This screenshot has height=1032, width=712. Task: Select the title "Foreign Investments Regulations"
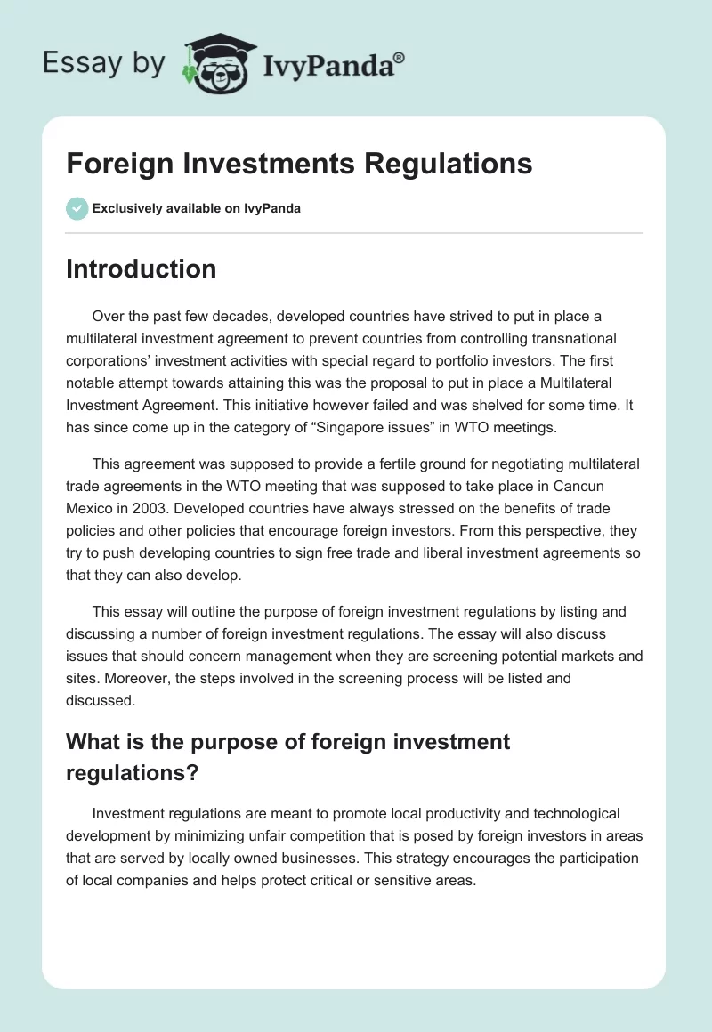point(299,164)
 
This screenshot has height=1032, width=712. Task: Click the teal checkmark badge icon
point(77,208)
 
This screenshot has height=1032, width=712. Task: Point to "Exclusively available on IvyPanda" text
point(196,209)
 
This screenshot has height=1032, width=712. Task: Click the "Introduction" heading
point(141,270)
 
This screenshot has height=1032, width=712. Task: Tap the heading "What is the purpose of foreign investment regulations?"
point(288,756)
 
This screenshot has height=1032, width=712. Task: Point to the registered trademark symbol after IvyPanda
point(400,58)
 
